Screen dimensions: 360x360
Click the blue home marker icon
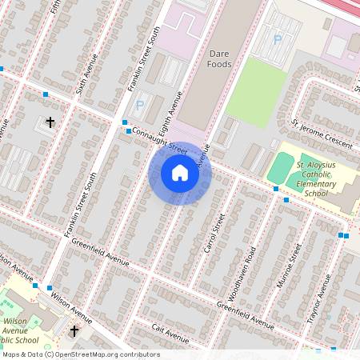180,173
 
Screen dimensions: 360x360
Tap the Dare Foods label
220,58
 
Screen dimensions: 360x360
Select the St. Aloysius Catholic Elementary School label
312,178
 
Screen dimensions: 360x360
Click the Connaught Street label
160,139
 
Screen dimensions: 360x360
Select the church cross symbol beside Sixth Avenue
50,122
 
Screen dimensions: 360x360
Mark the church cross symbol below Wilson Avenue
74,330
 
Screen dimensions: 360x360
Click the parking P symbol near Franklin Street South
141,104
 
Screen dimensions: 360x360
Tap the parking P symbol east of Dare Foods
278,38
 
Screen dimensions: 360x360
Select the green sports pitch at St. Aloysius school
281,168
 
